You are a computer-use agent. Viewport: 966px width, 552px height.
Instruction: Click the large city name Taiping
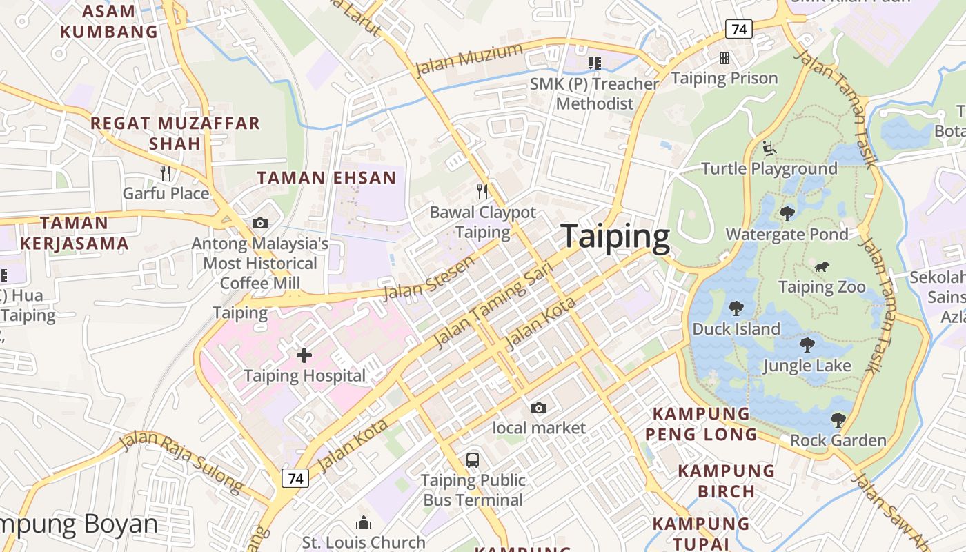(x=615, y=237)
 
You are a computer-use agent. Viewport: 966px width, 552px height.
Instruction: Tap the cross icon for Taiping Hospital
(x=304, y=355)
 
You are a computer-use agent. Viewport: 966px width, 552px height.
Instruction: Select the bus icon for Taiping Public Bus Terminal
(x=473, y=460)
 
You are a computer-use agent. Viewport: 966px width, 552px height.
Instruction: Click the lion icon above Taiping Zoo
(x=821, y=267)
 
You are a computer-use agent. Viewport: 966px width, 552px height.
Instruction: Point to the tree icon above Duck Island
(x=736, y=308)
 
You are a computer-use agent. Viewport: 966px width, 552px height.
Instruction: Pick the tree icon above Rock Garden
(x=838, y=420)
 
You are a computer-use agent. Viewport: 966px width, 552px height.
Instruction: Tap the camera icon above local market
(x=539, y=408)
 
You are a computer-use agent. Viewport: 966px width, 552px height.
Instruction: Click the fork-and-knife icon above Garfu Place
(x=166, y=172)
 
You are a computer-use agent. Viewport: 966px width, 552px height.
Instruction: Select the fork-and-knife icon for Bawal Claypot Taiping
(x=483, y=191)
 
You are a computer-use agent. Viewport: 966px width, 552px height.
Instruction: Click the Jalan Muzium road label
(x=469, y=60)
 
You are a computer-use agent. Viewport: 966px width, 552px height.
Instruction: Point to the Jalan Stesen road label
(x=429, y=277)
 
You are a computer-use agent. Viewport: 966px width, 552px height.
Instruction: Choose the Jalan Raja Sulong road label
(x=182, y=462)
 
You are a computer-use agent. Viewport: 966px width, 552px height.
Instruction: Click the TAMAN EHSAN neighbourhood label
(x=326, y=178)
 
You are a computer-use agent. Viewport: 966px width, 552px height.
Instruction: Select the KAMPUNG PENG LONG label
(x=701, y=424)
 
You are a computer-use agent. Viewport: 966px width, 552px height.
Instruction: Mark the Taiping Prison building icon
(x=724, y=58)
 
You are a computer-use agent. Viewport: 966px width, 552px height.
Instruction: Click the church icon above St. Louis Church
(x=363, y=522)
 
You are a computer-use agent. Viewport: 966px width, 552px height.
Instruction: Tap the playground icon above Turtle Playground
(x=769, y=148)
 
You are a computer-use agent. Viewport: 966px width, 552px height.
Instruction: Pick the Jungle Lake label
(x=807, y=366)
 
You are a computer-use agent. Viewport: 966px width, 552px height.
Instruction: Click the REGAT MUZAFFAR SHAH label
(x=175, y=133)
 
